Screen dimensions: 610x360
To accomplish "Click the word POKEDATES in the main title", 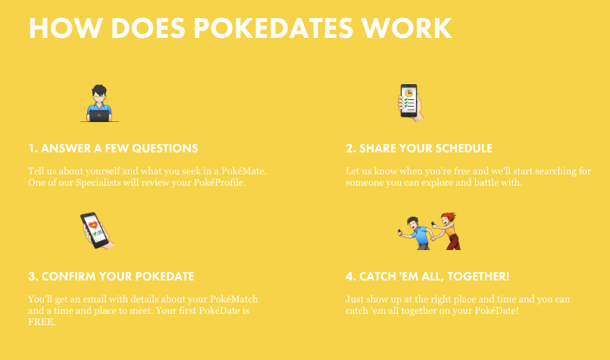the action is click(273, 28).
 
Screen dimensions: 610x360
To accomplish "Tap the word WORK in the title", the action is click(406, 28).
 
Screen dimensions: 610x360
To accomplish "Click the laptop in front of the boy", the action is click(99, 116).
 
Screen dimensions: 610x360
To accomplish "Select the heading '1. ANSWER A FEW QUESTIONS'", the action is click(113, 149).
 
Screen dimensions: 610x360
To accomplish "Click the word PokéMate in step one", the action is click(244, 171).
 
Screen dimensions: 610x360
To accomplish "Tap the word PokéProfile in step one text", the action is click(220, 183).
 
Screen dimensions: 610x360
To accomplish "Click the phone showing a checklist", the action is click(409, 101).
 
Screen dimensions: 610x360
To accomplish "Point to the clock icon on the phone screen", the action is click(408, 93).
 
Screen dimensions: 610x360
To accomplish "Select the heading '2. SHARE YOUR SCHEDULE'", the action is click(419, 149).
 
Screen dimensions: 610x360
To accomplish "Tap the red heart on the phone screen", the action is click(93, 225).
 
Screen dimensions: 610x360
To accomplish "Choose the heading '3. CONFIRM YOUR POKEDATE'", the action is click(111, 277).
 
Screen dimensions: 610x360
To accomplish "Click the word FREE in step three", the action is click(42, 322).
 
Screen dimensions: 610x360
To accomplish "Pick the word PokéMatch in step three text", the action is click(234, 299).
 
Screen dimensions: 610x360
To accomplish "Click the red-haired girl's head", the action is click(449, 218).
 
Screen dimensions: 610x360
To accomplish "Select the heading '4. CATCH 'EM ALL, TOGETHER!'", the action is click(427, 277).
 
